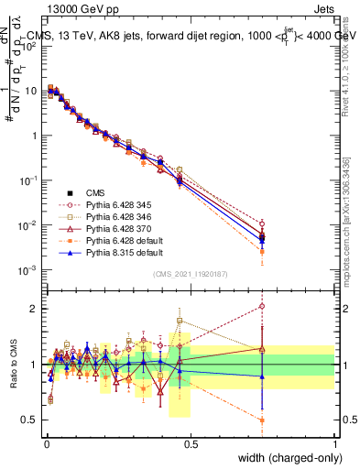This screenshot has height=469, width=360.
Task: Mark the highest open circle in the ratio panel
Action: (262, 307)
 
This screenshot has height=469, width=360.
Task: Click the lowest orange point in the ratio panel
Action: (262, 420)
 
